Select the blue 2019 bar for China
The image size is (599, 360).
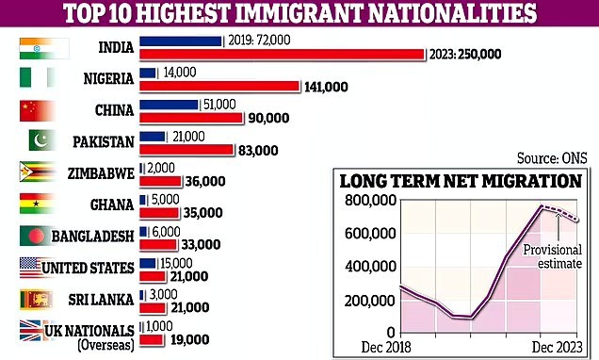(x=169, y=105)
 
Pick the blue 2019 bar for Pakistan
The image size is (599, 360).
(x=152, y=137)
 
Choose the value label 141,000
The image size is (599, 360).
(x=327, y=87)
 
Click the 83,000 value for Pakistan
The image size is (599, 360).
(x=257, y=150)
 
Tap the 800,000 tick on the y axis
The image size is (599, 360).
(x=371, y=200)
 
